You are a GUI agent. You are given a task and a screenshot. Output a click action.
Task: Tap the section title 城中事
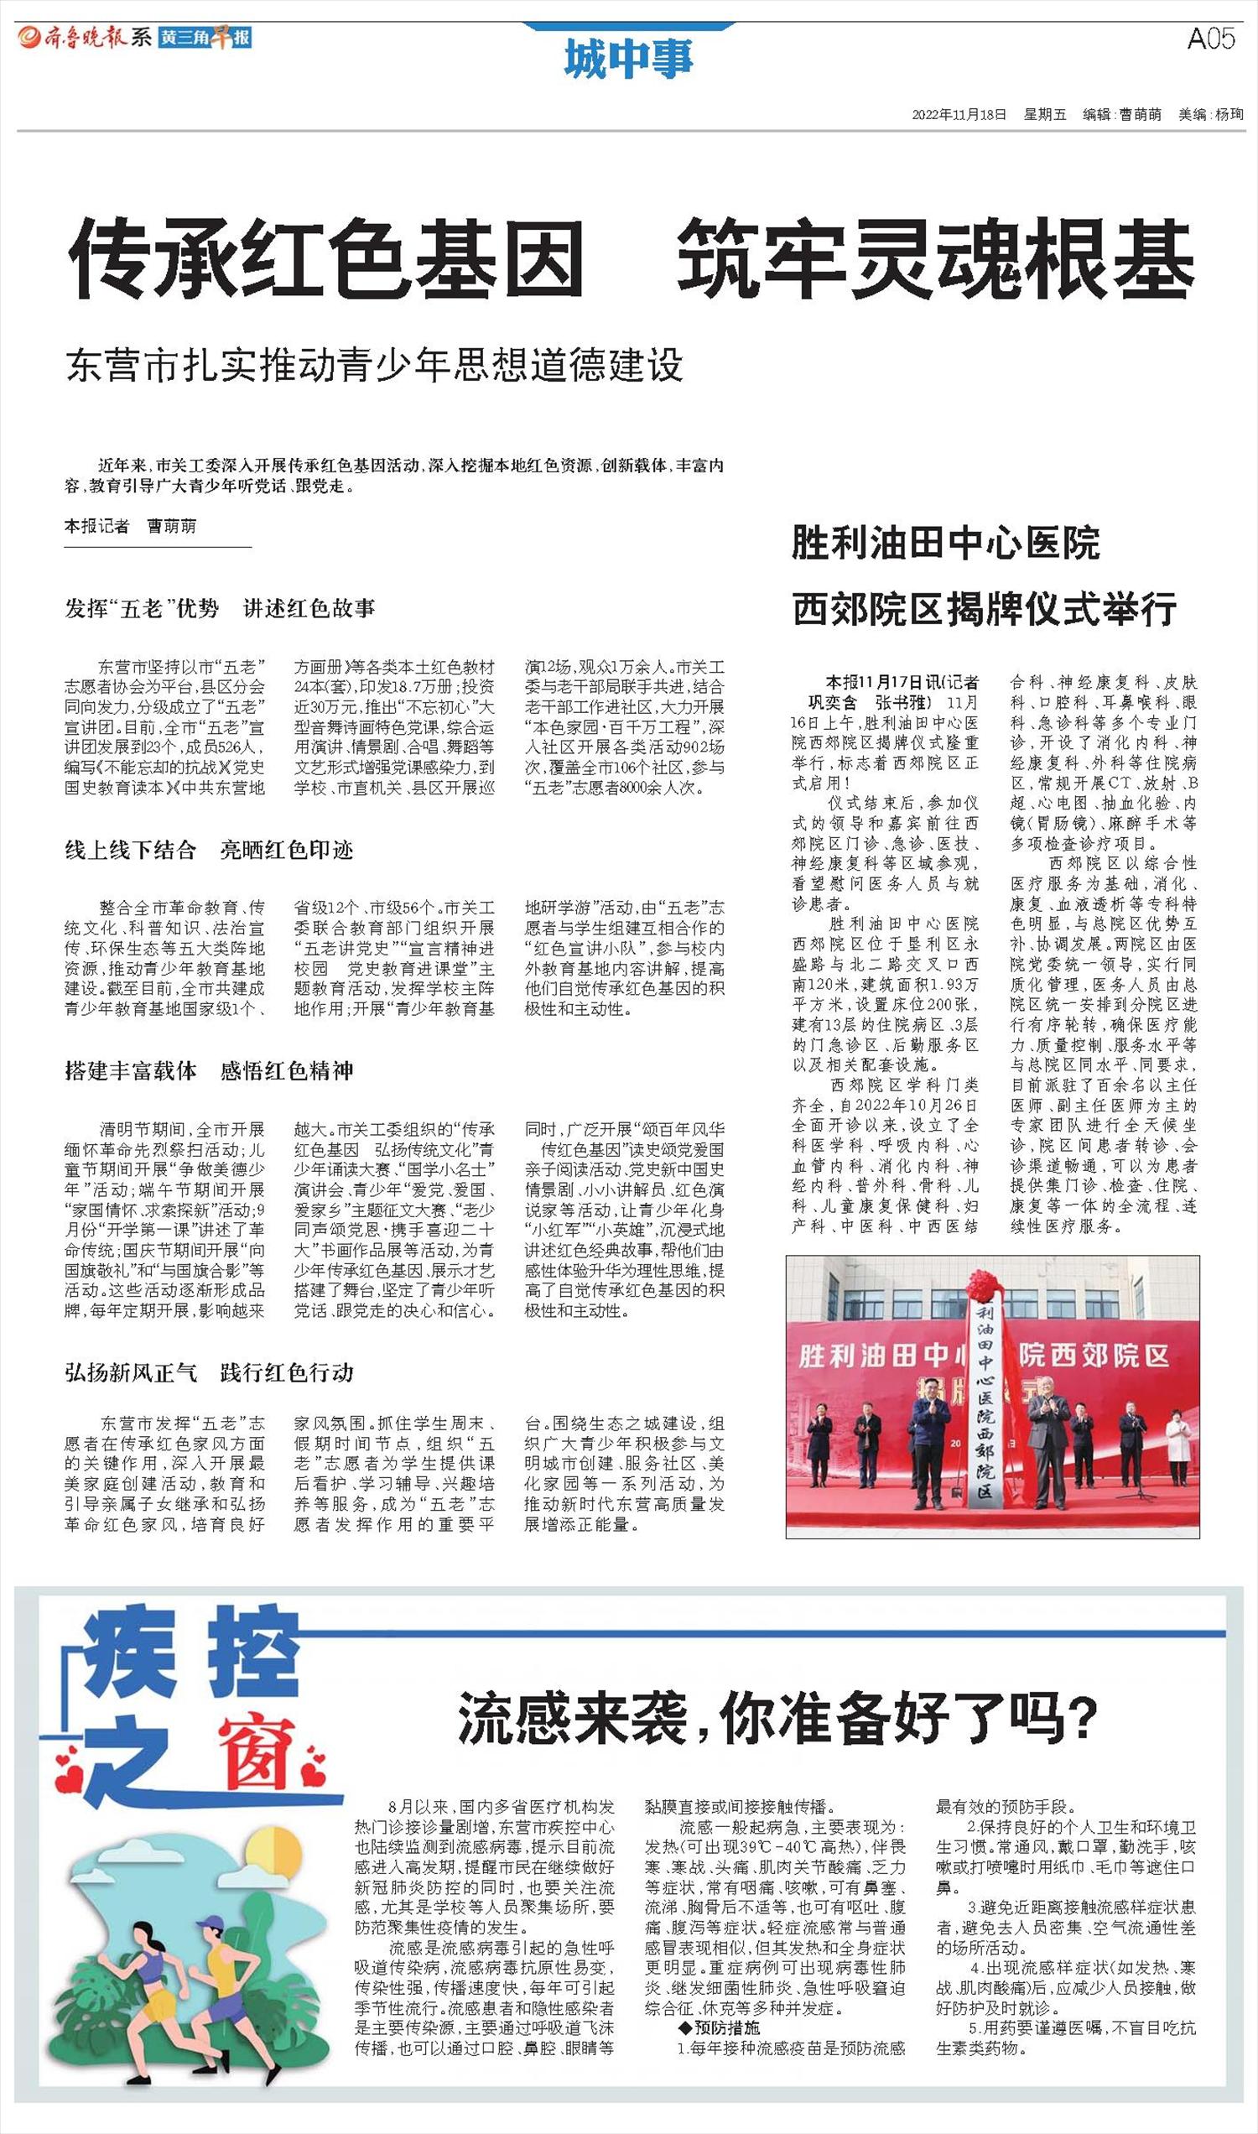pyautogui.click(x=628, y=60)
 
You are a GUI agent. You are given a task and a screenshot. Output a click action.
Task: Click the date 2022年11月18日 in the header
pyautogui.click(x=959, y=114)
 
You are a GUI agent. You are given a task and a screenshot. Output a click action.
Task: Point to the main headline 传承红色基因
pyautogui.click(x=326, y=258)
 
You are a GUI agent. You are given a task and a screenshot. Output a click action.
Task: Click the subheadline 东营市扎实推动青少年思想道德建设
pyautogui.click(x=374, y=365)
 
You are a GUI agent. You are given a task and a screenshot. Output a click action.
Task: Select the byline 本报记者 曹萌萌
pyautogui.click(x=131, y=527)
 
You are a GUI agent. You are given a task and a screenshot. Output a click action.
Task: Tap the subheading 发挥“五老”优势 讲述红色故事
pyautogui.click(x=220, y=608)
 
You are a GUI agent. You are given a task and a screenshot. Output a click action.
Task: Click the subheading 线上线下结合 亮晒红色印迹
pyautogui.click(x=209, y=850)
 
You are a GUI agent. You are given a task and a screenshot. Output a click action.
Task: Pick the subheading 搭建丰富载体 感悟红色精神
pyautogui.click(x=209, y=1071)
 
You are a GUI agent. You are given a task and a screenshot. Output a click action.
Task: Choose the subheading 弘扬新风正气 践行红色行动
pyautogui.click(x=209, y=1372)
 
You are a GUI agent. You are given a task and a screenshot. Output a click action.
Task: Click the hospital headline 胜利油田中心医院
pyautogui.click(x=945, y=544)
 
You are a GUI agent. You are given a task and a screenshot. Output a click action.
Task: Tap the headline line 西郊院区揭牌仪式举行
pyautogui.click(x=985, y=609)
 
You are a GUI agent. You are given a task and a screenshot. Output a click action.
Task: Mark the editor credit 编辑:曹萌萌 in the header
pyautogui.click(x=1121, y=114)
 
